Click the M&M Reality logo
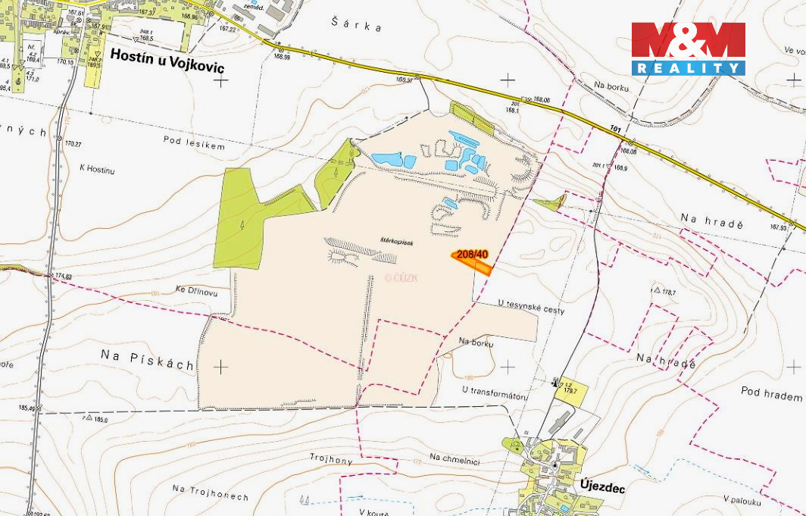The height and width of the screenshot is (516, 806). [688, 48]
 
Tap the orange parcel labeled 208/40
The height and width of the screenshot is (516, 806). [471, 259]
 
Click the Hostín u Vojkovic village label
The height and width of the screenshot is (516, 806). [167, 55]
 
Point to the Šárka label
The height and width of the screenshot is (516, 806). [357, 25]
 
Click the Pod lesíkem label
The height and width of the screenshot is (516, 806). [194, 142]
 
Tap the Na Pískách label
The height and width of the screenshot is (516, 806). [147, 364]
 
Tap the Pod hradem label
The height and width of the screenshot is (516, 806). [772, 396]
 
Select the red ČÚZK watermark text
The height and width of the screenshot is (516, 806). [401, 277]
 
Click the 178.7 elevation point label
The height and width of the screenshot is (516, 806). [667, 292]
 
